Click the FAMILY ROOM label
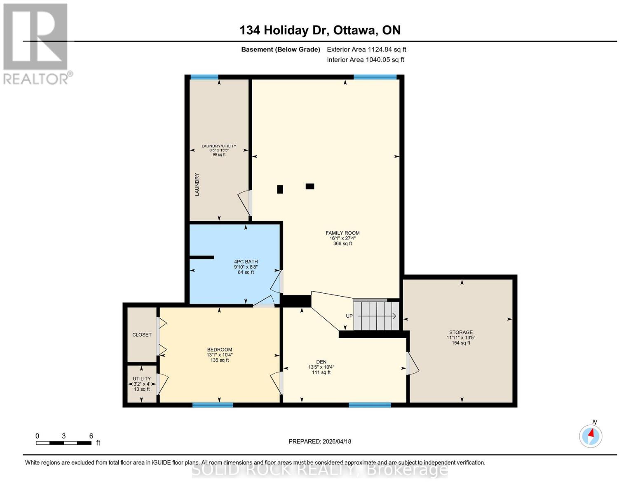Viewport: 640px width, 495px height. coord(342,233)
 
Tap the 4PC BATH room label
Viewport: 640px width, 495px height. coord(246,262)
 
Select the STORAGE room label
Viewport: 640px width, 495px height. coord(461,332)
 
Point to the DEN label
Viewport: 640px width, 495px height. coord(321,362)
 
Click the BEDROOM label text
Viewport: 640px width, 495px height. coord(219,349)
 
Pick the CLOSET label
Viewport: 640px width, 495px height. coord(142,335)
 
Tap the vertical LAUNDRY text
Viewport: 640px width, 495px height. coord(197,184)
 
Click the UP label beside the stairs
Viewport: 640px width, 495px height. coord(349,316)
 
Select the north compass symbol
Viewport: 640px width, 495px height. coord(591,435)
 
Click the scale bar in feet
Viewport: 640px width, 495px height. coord(64,443)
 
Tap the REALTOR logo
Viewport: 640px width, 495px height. coord(36,44)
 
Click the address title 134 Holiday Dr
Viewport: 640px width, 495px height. coord(320,30)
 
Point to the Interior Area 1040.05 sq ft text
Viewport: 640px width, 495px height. coord(365,60)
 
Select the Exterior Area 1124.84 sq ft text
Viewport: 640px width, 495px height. coord(366,49)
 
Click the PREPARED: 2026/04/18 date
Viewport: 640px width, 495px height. coord(320,441)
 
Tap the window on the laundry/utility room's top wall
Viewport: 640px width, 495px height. coord(204,77)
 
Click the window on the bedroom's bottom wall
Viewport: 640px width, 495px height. coord(213,405)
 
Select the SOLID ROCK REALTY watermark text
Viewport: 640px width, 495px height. coord(320,469)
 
